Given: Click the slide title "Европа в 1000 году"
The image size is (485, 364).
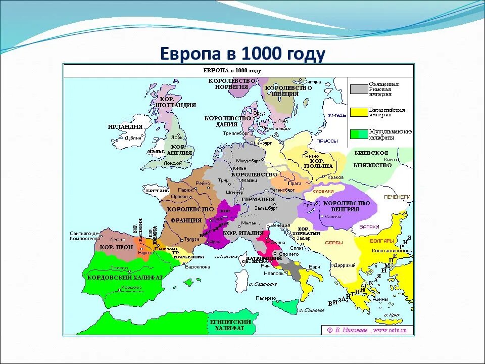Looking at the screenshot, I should click(243, 53).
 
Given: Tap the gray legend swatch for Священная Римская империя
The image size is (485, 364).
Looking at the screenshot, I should click(359, 89).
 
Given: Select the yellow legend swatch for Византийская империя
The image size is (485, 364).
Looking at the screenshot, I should click(359, 112).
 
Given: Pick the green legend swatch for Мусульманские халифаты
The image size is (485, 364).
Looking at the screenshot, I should click(359, 134).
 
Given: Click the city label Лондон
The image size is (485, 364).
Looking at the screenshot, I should click(173, 163).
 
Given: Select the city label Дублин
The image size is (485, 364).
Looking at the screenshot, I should click(133, 138).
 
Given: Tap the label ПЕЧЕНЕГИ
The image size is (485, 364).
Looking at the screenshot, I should click(398, 197).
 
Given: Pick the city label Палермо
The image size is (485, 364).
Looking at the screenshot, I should click(265, 298).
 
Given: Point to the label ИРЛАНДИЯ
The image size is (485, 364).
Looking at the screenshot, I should click(125, 127).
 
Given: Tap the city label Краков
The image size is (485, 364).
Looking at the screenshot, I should click(334, 177).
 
